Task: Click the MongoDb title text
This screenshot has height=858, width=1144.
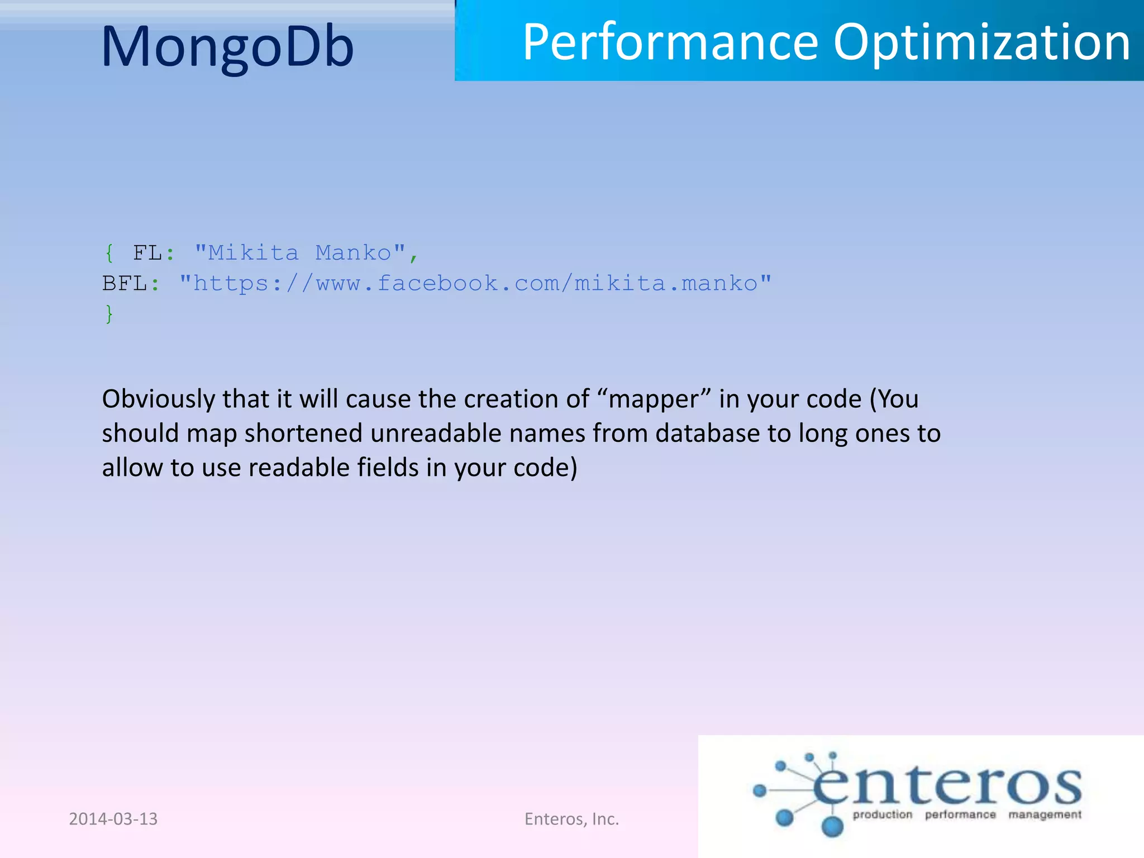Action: [x=227, y=47]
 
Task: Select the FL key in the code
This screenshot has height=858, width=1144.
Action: [x=147, y=253]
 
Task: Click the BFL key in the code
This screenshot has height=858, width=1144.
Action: [x=124, y=284]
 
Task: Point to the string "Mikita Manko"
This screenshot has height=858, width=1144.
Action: [x=299, y=253]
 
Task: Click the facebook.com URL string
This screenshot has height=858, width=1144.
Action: [x=475, y=284]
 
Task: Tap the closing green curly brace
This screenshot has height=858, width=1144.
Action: [x=109, y=314]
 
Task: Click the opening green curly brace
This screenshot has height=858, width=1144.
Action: [x=109, y=253]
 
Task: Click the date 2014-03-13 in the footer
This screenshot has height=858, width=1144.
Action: [x=113, y=819]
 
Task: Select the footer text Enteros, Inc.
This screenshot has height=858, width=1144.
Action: [x=571, y=819]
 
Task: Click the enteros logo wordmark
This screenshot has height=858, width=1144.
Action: [x=947, y=784]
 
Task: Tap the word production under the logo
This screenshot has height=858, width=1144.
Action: [x=882, y=814]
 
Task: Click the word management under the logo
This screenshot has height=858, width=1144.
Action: [x=1045, y=814]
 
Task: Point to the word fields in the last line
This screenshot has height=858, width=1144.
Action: [x=388, y=468]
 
